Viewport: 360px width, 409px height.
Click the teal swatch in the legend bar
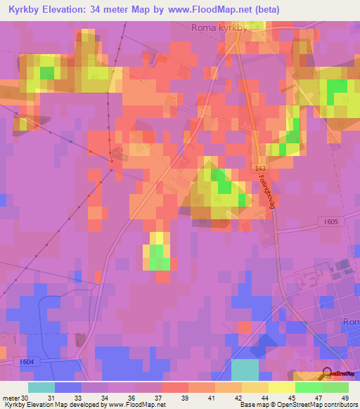point(41,387)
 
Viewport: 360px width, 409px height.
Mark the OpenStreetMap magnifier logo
point(326,375)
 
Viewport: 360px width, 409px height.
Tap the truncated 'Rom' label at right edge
point(351,321)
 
